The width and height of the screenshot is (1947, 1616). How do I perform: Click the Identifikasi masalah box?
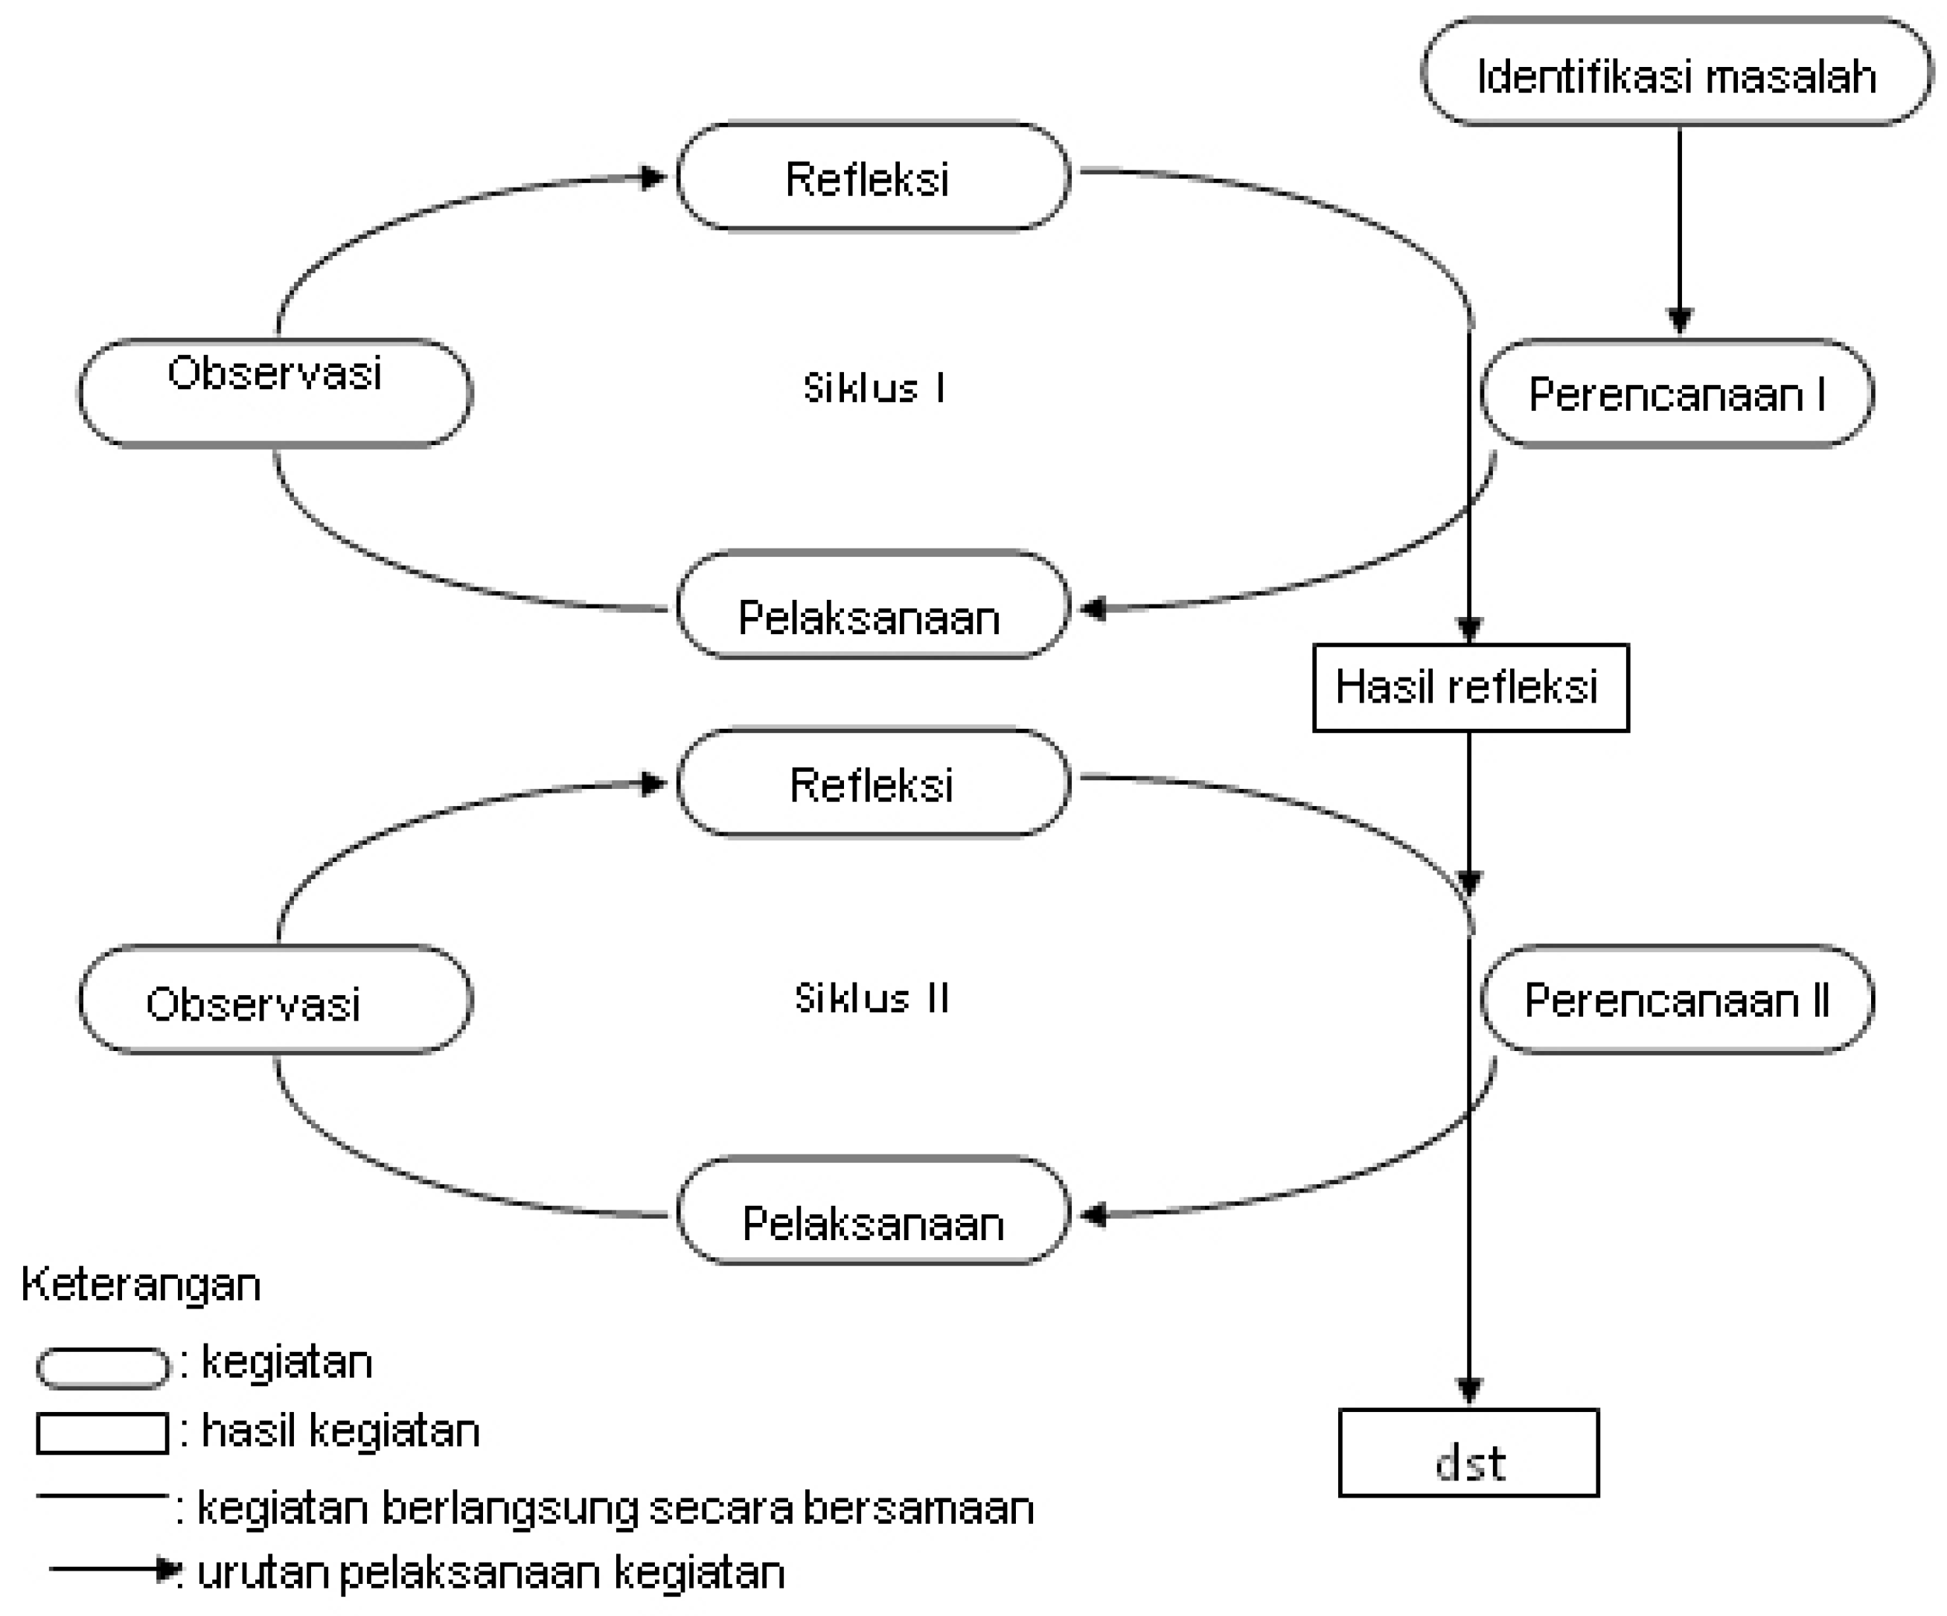[x=1676, y=72]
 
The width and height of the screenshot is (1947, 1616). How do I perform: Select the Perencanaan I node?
[x=1676, y=394]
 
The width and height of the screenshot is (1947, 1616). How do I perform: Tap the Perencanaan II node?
[x=1676, y=1000]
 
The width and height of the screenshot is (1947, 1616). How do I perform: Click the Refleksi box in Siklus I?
[x=872, y=177]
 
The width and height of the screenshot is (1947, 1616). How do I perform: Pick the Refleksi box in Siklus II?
[x=872, y=783]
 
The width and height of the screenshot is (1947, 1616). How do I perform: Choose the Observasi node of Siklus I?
[x=275, y=392]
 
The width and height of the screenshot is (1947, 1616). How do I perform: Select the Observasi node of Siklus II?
[x=275, y=1000]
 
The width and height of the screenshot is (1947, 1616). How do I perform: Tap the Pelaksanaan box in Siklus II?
[x=872, y=1212]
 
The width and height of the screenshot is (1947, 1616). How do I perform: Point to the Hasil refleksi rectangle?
[x=1469, y=688]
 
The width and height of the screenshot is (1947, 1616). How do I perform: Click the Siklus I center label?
[x=873, y=388]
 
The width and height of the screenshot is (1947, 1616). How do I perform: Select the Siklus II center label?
[x=872, y=998]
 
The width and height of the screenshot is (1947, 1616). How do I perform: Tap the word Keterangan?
[x=141, y=1285]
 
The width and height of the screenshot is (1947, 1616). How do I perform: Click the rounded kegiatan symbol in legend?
[x=102, y=1367]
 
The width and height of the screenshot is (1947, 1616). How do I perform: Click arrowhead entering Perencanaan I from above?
[x=1679, y=320]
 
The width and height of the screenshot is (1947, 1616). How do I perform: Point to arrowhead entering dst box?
[x=1468, y=1389]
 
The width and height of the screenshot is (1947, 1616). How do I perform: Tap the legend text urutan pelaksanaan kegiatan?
[x=491, y=1574]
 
